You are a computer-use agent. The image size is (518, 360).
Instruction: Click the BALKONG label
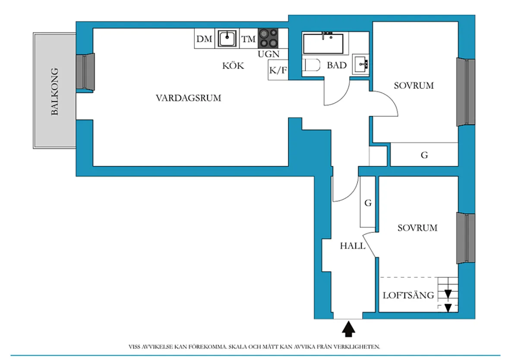point(54,92)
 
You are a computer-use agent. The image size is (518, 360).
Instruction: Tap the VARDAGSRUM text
point(188,98)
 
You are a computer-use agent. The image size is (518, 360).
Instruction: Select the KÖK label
point(233,66)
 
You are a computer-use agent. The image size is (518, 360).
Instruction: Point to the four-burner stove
point(268,38)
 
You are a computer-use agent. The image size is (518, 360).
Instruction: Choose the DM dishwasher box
point(205,40)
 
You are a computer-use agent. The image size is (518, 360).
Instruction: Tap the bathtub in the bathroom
point(324,43)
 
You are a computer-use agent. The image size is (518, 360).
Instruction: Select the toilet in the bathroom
point(312,66)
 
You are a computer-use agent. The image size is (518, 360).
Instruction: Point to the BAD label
point(337,66)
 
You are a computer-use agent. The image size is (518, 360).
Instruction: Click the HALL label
point(353,246)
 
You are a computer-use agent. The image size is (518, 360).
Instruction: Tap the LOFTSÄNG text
point(408,296)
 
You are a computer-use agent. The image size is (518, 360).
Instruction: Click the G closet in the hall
point(368,203)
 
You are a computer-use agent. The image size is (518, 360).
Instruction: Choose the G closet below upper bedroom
point(424,155)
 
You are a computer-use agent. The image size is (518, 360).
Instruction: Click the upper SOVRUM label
point(414,85)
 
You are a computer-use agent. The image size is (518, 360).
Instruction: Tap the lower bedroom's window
point(466,238)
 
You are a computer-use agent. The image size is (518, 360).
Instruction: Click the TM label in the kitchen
point(248,40)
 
